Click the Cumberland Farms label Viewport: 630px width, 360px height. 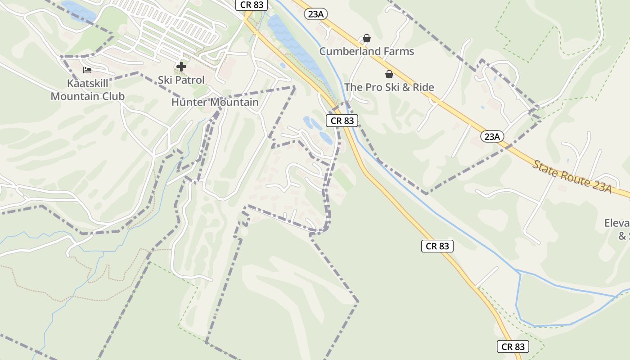coord(366,51)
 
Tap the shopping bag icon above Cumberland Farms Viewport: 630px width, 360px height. coord(367,38)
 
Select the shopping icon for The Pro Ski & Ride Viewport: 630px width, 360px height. coord(389,74)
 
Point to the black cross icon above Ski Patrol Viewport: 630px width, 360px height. coord(181,67)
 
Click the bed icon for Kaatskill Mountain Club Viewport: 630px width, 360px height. coord(87,70)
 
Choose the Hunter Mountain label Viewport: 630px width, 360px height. coord(215,102)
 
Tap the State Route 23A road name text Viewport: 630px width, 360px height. coord(572,176)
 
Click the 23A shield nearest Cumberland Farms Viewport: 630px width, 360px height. coord(316,14)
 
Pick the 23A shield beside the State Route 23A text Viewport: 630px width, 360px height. coord(492,136)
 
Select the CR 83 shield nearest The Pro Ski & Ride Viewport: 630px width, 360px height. coord(342,121)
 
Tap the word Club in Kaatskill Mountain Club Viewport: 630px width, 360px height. coord(113,96)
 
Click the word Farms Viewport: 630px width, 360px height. coord(397,51)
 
